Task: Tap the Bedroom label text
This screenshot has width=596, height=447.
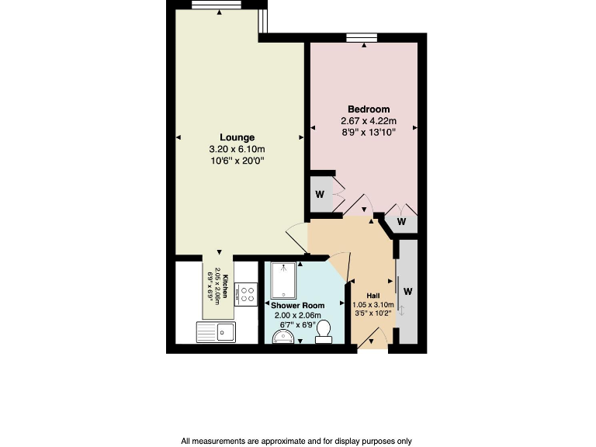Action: pos(369,109)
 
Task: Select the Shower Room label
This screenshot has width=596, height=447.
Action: pos(296,306)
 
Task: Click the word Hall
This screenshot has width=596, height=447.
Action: pos(373,296)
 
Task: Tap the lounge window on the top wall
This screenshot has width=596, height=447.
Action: pos(217,5)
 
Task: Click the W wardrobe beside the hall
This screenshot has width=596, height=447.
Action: pos(407,292)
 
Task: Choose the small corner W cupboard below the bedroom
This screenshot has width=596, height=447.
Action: pos(401,222)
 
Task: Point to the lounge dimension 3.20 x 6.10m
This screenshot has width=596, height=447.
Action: pos(237,150)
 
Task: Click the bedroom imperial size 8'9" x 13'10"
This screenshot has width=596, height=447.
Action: pos(369,133)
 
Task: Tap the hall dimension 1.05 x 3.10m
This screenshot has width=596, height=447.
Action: pos(373,306)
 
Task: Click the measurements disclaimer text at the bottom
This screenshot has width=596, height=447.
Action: pos(297,441)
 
